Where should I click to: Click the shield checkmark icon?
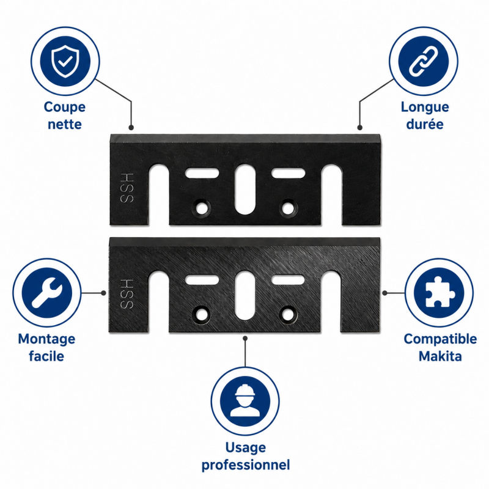[65, 61]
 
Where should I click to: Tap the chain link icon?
[423, 61]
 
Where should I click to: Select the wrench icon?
[47, 293]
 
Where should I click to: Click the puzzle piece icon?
[439, 293]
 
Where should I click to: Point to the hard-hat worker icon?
[245, 401]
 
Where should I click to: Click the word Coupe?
[65, 108]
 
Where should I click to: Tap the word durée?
[425, 124]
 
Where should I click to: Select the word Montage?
[46, 339]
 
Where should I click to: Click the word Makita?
[440, 356]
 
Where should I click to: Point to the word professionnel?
[246, 465]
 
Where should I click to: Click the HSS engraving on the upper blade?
[127, 188]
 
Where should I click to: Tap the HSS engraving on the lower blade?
[127, 293]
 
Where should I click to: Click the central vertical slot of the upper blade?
[244, 189]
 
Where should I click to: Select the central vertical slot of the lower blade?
[244, 295]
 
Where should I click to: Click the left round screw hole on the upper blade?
[202, 207]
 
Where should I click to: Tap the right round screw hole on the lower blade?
[288, 314]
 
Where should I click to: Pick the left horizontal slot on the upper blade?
[202, 173]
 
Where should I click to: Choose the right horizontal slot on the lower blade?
[288, 279]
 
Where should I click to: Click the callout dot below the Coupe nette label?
[131, 128]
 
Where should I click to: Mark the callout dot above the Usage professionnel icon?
[245, 339]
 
